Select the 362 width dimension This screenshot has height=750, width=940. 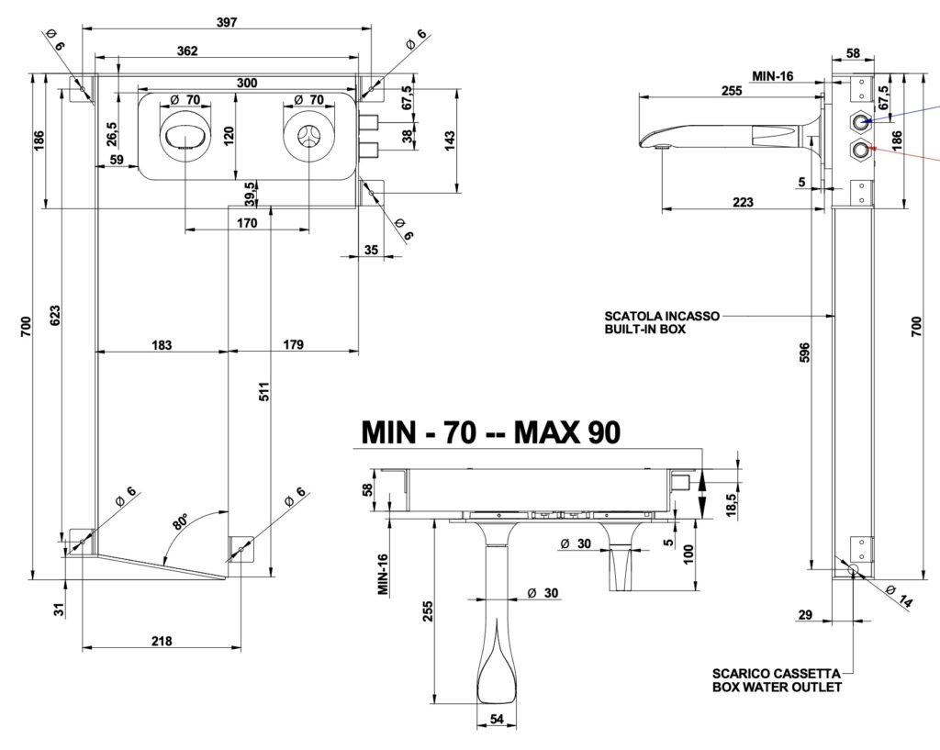point(186,51)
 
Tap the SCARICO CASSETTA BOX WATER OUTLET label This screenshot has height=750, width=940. point(776,679)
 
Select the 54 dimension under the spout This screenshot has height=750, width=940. point(497,720)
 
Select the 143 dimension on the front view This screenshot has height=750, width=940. point(450,140)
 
